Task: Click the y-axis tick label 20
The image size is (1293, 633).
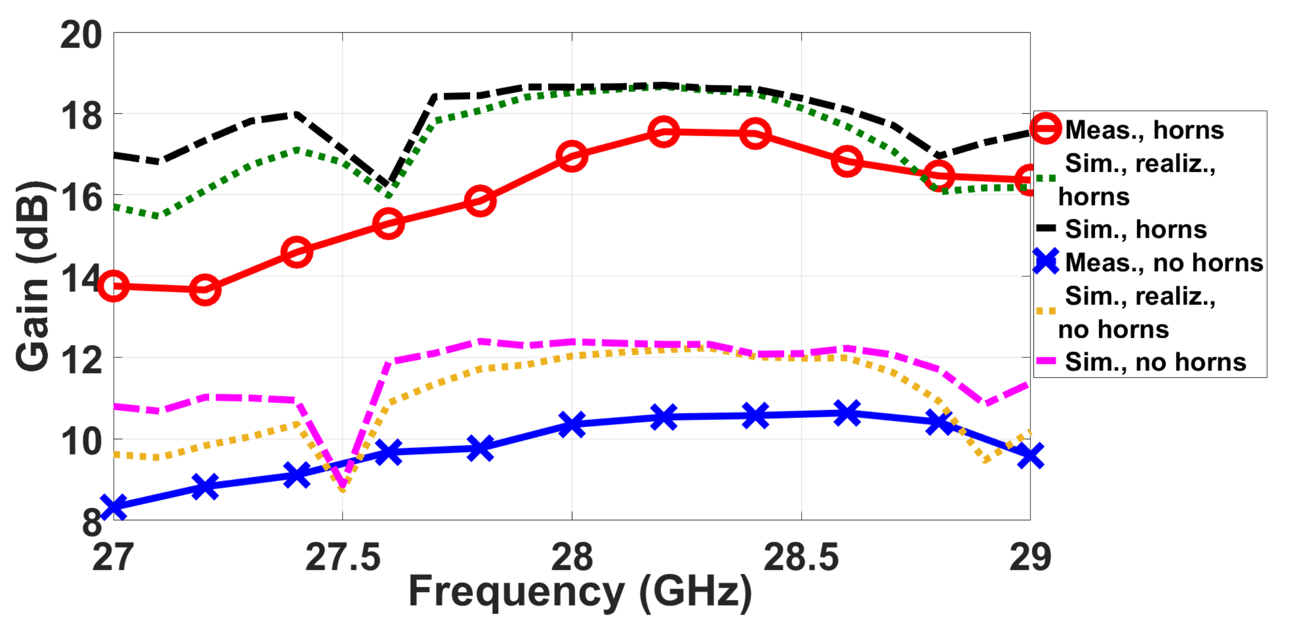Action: (x=81, y=36)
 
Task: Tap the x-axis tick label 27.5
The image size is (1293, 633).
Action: (x=343, y=557)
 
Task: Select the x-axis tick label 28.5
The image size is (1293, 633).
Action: (x=801, y=557)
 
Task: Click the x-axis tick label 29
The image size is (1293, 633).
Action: (x=1030, y=557)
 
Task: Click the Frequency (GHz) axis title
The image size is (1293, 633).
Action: (x=580, y=592)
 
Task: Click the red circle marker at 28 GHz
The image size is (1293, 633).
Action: (x=572, y=156)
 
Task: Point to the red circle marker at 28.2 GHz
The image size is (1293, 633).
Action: (x=663, y=131)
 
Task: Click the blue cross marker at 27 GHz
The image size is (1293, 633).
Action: (x=113, y=506)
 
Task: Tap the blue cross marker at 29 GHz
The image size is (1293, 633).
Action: (x=1030, y=455)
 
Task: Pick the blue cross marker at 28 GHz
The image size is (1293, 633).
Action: (x=572, y=424)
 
